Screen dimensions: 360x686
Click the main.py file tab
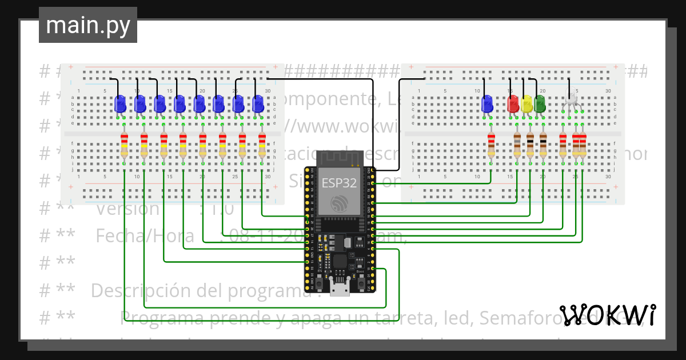coord(87,25)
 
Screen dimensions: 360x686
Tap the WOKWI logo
coord(607,315)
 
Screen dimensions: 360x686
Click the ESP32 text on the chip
coord(339,183)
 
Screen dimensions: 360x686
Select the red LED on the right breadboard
coord(513,104)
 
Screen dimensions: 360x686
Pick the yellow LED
coord(527,104)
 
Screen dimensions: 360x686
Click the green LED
coord(539,104)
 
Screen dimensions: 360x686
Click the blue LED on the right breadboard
coord(487,104)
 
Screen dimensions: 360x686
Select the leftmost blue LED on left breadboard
coord(120,104)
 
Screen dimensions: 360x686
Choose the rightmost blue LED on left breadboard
coord(258,104)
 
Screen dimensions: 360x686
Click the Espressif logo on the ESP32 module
coord(339,203)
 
